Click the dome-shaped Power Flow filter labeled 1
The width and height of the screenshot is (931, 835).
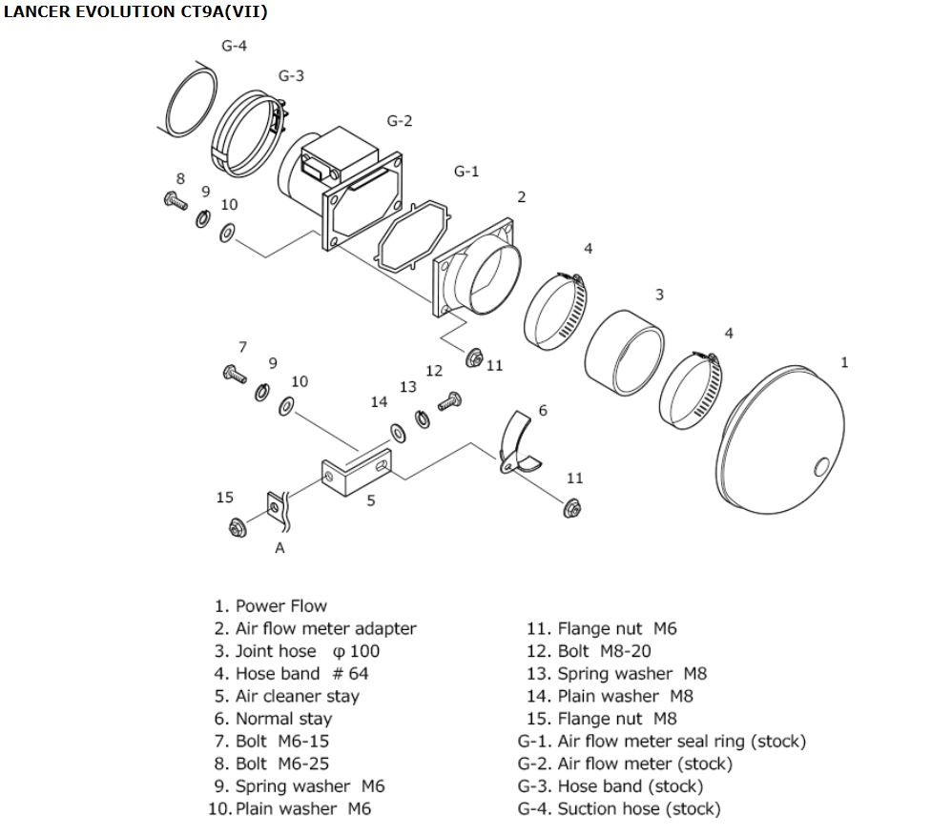coord(781,439)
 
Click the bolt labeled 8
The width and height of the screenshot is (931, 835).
coord(176,200)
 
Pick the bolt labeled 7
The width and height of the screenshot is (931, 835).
coord(235,375)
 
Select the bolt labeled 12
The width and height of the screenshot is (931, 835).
coord(449,401)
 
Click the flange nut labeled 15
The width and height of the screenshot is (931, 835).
coord(238,526)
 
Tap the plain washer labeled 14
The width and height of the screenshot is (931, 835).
coord(398,433)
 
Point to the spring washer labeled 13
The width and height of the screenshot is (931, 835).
coord(423,418)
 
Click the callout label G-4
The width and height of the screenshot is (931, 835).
coord(234,47)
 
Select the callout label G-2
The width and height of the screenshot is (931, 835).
coord(399,121)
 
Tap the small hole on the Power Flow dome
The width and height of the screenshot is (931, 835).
coord(821,467)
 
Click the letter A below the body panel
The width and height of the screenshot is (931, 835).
coord(279,548)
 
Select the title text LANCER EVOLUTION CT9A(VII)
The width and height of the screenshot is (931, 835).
coord(135,11)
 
